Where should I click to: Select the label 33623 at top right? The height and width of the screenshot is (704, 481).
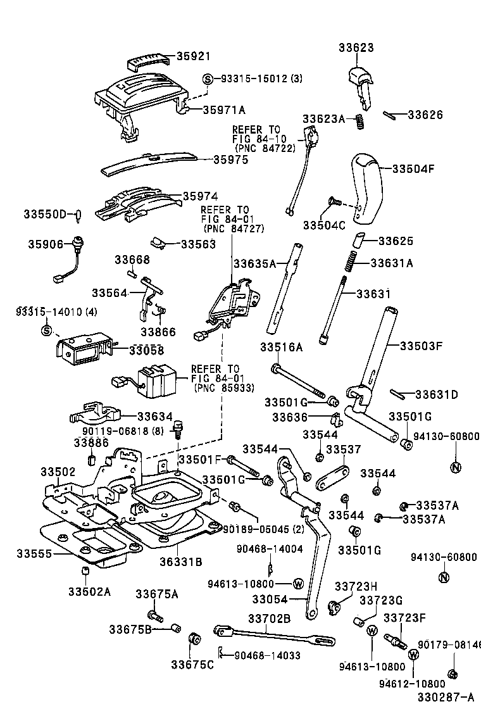click(356, 47)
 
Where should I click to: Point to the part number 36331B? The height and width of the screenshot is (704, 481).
click(180, 562)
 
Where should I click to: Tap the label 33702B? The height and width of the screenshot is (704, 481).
click(269, 618)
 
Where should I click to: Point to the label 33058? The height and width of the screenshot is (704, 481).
click(146, 350)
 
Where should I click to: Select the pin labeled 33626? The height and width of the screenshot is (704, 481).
click(388, 115)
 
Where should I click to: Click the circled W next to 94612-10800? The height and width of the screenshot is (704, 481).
click(413, 655)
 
